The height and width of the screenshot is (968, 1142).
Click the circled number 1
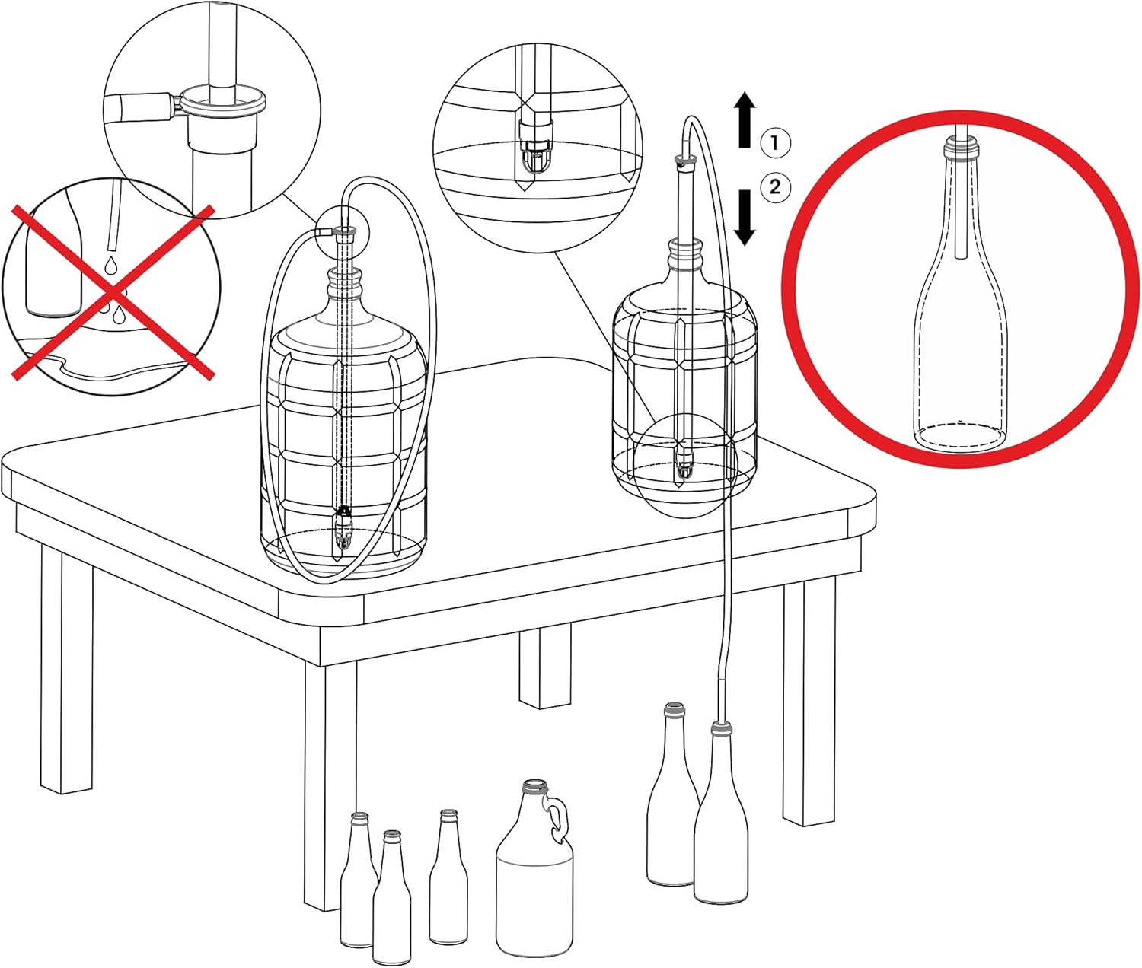tap(775, 142)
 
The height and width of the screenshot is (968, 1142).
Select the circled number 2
tap(775, 186)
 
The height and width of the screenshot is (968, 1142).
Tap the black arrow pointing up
tap(745, 119)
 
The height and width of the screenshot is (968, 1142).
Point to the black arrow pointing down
tap(745, 216)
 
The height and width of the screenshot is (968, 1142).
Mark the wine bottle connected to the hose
tap(720, 829)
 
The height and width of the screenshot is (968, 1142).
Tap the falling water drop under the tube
tap(111, 265)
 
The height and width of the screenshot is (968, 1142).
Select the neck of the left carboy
tap(344, 285)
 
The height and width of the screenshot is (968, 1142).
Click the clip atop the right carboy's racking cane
tap(685, 161)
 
